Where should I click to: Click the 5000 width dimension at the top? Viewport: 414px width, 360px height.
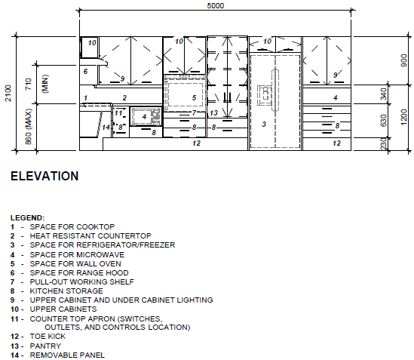click(x=216, y=5)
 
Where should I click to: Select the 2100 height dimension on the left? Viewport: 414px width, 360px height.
click(x=8, y=93)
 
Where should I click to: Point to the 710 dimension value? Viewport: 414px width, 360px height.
click(x=29, y=84)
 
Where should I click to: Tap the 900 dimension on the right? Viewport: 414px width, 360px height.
click(x=404, y=60)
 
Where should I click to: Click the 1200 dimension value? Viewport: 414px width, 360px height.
click(x=404, y=117)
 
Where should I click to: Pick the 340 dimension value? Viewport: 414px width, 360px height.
click(x=384, y=94)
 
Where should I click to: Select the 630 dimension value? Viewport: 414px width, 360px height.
click(x=384, y=120)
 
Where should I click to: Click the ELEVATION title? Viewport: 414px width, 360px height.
click(x=44, y=176)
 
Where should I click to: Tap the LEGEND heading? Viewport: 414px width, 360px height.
click(x=27, y=218)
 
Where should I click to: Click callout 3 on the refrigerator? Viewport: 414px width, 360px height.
click(x=264, y=124)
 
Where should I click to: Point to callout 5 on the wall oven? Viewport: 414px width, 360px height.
click(x=194, y=98)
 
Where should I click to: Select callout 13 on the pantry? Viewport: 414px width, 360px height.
click(x=213, y=113)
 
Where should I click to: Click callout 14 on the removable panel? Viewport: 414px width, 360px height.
click(x=106, y=128)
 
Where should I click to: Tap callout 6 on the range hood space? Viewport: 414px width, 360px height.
click(x=85, y=72)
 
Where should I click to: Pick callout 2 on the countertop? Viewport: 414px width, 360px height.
click(x=124, y=98)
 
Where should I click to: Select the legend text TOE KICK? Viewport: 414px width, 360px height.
click(x=48, y=336)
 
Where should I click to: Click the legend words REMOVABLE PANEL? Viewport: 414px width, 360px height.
click(x=67, y=355)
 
